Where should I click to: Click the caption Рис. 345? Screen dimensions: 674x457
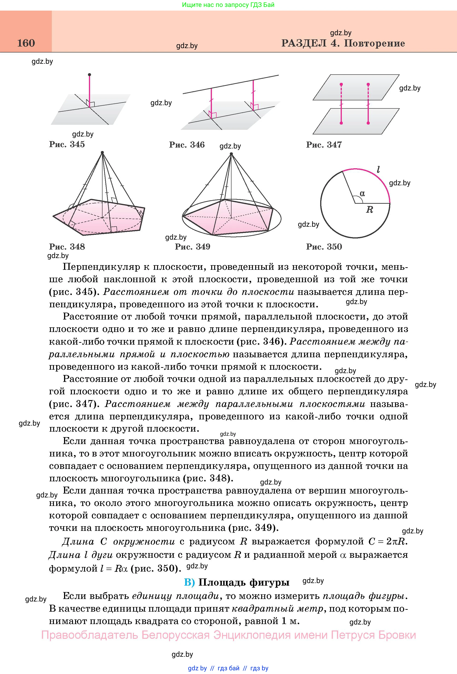pos(67,144)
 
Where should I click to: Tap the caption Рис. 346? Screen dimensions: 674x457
pos(187,145)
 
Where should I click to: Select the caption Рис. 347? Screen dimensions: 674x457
pos(324,145)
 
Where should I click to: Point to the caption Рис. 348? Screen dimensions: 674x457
pos(67,247)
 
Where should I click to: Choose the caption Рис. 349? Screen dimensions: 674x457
pos(192,247)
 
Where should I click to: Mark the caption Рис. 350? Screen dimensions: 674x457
pos(324,247)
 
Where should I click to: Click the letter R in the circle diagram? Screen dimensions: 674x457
pos(369,210)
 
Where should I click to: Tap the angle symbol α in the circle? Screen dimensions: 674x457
pos(362,193)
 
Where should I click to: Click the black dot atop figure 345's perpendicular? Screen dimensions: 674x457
pos(89,75)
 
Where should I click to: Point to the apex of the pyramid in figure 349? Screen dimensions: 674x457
pos(231,154)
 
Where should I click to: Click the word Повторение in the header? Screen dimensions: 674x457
pos(374,43)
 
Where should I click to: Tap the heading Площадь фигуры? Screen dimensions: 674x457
pos(244,582)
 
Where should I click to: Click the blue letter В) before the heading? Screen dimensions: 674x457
pos(190,582)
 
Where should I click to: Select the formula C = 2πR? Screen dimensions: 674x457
pos(388,542)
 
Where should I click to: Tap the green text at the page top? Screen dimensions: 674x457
pos(228,5)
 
